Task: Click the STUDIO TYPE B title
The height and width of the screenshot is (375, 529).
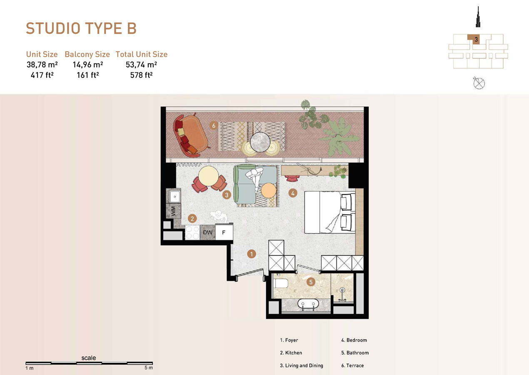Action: [81, 28]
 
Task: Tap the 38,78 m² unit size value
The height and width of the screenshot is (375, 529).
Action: [42, 65]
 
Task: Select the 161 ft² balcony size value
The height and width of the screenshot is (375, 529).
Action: [87, 75]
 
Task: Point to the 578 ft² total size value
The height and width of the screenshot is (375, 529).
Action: [141, 75]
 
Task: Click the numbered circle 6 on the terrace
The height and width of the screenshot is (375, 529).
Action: [214, 125]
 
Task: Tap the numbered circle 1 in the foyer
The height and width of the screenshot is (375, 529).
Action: [252, 254]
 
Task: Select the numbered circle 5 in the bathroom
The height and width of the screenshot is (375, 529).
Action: [311, 282]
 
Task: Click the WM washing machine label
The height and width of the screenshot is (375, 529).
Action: [173, 211]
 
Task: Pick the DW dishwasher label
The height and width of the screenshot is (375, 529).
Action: [207, 232]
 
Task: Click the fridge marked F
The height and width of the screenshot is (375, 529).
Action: [224, 232]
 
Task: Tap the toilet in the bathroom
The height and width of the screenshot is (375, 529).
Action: [281, 283]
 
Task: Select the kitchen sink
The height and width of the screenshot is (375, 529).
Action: [175, 197]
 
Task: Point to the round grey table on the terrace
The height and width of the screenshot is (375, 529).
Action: [260, 142]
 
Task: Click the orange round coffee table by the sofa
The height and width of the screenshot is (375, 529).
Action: [269, 190]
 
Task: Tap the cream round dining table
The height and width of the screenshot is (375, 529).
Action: [209, 176]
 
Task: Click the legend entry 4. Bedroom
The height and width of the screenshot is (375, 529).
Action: [354, 340]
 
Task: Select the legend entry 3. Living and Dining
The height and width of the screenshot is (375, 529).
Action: [302, 365]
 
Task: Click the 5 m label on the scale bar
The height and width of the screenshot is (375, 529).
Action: [149, 368]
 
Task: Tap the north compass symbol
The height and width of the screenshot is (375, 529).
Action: [479, 83]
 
